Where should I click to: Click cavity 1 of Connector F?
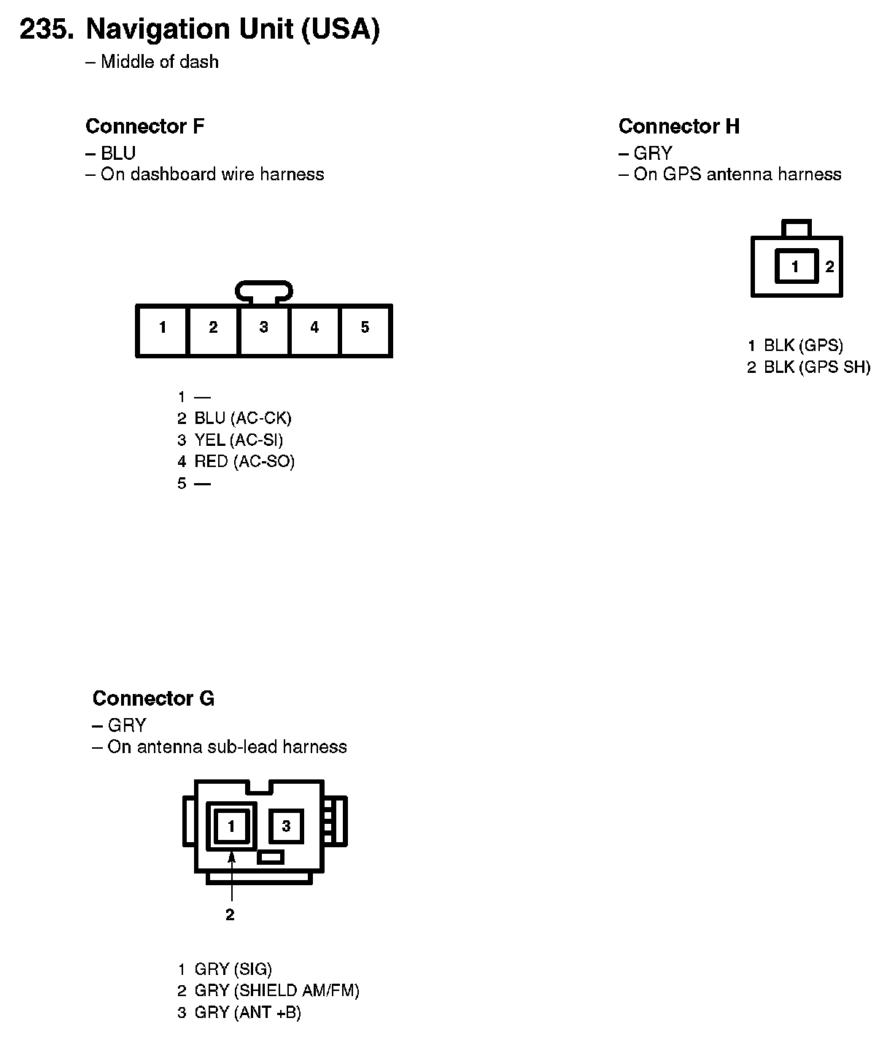pyautogui.click(x=162, y=330)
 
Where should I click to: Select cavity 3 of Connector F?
pyautogui.click(x=263, y=330)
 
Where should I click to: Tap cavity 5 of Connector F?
pyautogui.click(x=365, y=330)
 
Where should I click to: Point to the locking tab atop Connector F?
pyautogui.click(x=264, y=292)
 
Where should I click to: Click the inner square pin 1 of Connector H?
pyautogui.click(x=795, y=266)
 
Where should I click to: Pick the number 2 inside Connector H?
pyautogui.click(x=829, y=266)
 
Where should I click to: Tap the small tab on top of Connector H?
pyautogui.click(x=796, y=228)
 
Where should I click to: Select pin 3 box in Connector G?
pyautogui.click(x=286, y=826)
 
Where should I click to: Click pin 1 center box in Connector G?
pyautogui.click(x=231, y=826)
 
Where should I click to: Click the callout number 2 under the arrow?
pyautogui.click(x=230, y=914)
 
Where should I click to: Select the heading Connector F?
pyautogui.click(x=144, y=126)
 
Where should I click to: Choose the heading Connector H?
pyautogui.click(x=678, y=126)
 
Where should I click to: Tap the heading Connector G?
pyautogui.click(x=153, y=698)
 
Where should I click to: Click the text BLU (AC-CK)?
pyautogui.click(x=242, y=418)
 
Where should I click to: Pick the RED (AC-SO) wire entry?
pyautogui.click(x=244, y=461)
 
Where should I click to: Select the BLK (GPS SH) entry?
pyautogui.click(x=816, y=367)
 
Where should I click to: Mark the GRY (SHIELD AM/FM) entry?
pyautogui.click(x=276, y=990)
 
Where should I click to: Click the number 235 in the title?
pyautogui.click(x=46, y=29)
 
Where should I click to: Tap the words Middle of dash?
pyautogui.click(x=159, y=62)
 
